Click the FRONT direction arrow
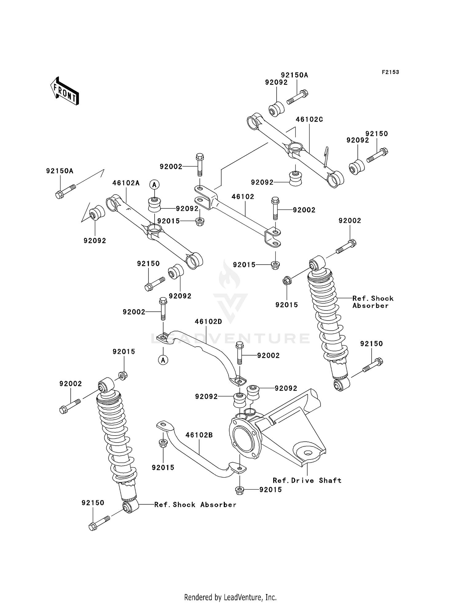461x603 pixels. [65, 91]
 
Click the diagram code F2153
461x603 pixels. [390, 72]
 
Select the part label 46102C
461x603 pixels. [309, 120]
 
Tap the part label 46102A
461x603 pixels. [126, 183]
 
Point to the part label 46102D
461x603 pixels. [208, 322]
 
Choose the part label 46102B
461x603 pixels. [199, 435]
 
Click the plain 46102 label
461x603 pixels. [243, 197]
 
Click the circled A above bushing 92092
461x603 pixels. [154, 185]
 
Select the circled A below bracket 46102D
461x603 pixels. [163, 360]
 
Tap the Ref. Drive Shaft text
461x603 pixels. [307, 481]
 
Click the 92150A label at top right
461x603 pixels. [294, 75]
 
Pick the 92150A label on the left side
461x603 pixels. [60, 171]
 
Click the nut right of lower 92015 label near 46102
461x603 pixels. [276, 265]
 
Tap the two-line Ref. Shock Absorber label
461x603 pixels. [372, 302]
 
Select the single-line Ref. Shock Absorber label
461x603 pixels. [195, 505]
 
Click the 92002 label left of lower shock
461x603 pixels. [71, 384]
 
